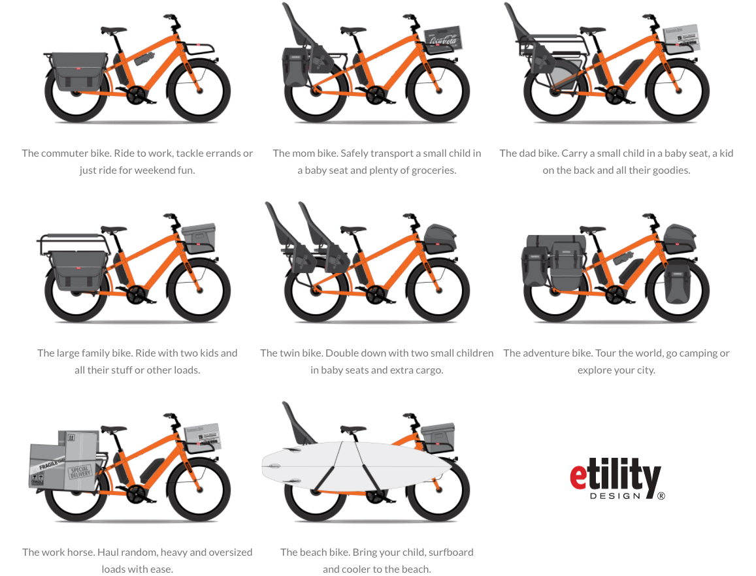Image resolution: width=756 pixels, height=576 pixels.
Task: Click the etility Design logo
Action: point(617,478)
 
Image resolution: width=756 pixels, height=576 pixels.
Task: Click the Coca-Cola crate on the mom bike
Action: point(443,39)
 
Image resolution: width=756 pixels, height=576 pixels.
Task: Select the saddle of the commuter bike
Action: point(114,30)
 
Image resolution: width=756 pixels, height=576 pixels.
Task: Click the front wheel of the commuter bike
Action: point(199,90)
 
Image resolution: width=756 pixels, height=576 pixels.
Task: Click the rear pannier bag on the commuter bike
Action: point(79,72)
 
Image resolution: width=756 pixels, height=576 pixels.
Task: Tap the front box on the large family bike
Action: point(199,238)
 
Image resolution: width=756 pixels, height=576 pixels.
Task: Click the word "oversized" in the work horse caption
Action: point(230,552)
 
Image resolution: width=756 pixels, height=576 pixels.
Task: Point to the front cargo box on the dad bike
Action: point(682,38)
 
